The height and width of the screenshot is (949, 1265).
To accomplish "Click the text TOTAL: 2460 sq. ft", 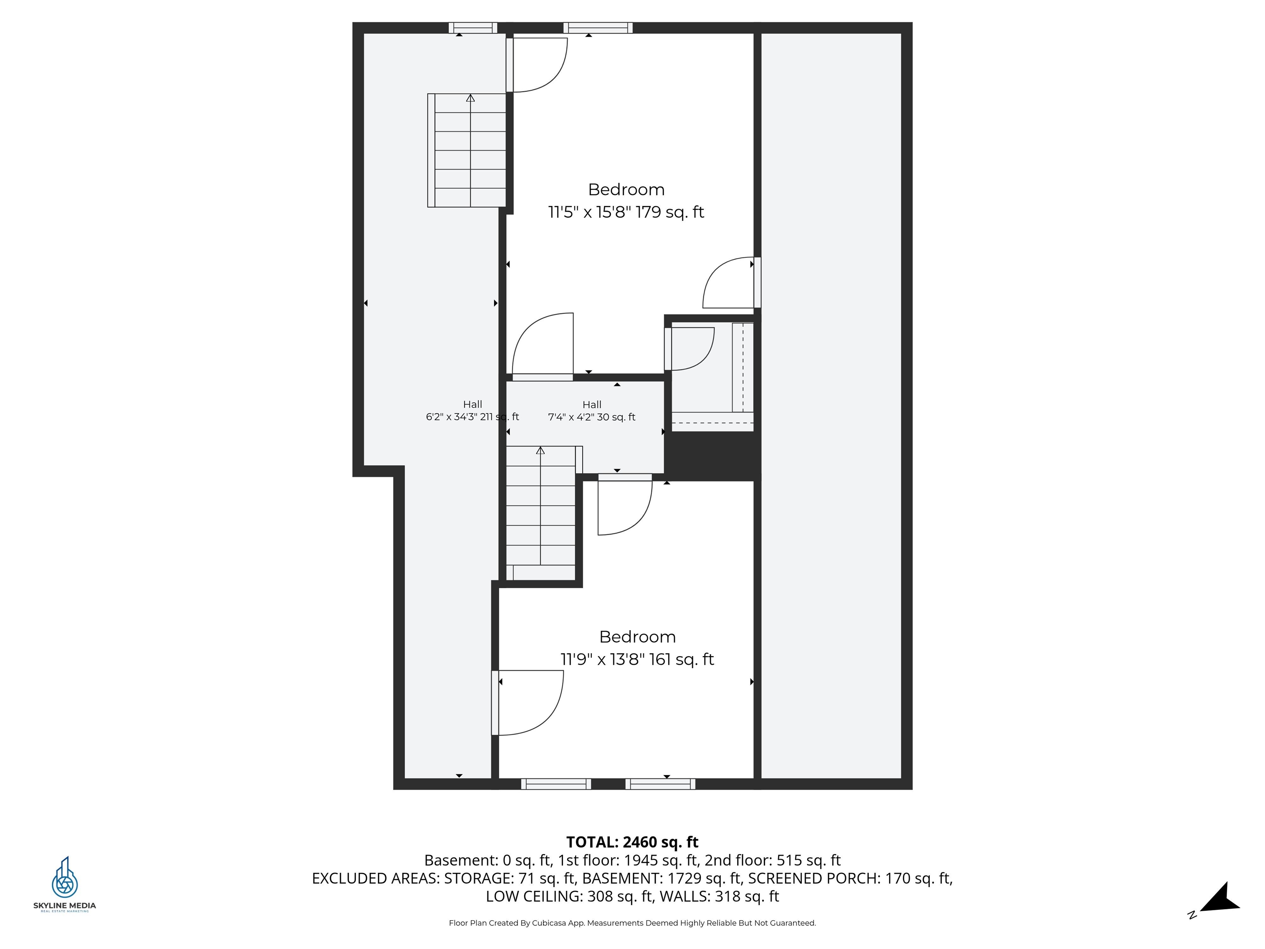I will pyautogui.click(x=632, y=842).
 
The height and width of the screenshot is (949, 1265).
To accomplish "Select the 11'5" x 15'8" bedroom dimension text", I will pyautogui.click(x=625, y=212).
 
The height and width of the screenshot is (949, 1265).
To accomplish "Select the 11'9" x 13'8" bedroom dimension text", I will pyautogui.click(x=637, y=659).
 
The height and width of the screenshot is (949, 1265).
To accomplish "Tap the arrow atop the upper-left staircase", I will pyautogui.click(x=470, y=98).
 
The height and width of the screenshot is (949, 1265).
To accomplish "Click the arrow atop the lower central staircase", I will pyautogui.click(x=540, y=451).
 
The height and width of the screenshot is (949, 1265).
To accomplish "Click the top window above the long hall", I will pyautogui.click(x=472, y=28).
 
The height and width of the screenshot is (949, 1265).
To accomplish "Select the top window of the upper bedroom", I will pyautogui.click(x=597, y=28).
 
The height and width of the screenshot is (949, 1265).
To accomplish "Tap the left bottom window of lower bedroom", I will pyautogui.click(x=555, y=784).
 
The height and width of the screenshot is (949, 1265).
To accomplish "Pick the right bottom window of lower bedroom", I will pyautogui.click(x=660, y=784).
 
